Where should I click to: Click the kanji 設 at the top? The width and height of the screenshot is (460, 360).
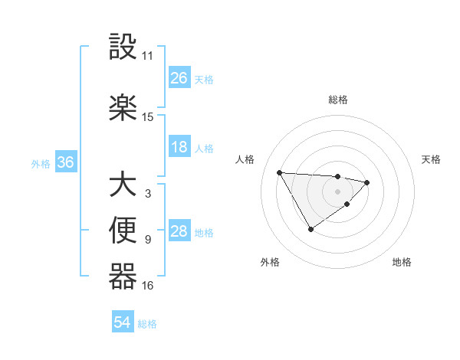click(x=123, y=48)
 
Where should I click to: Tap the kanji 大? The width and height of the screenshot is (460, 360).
click(x=123, y=186)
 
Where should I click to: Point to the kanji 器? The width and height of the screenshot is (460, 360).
click(x=123, y=277)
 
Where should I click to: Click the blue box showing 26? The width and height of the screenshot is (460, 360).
click(x=179, y=78)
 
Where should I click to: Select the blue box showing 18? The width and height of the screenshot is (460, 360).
click(x=179, y=147)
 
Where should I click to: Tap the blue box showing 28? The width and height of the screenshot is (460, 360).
click(x=179, y=231)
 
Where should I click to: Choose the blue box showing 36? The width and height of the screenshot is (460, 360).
click(x=65, y=162)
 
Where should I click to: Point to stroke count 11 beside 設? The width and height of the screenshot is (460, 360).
click(x=148, y=56)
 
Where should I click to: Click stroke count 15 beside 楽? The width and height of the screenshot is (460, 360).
click(x=148, y=117)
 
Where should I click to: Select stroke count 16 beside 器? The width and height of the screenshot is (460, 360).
click(x=148, y=286)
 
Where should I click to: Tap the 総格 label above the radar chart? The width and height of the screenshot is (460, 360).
click(x=337, y=100)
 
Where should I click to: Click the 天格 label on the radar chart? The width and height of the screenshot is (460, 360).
click(x=432, y=159)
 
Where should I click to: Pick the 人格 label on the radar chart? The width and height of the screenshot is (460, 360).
click(x=245, y=159)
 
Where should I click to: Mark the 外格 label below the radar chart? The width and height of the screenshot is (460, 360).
click(x=270, y=262)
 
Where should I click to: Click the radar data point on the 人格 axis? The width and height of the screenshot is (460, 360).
click(x=280, y=172)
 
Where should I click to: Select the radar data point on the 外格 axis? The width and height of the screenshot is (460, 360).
click(x=310, y=228)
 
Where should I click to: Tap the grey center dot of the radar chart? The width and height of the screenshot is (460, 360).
click(x=337, y=191)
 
